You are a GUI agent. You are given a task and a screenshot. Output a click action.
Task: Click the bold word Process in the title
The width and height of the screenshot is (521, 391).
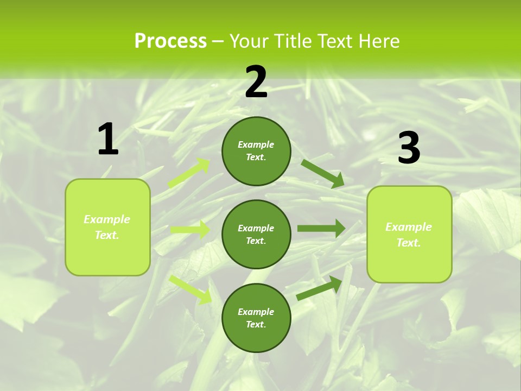pyautogui.click(x=170, y=41)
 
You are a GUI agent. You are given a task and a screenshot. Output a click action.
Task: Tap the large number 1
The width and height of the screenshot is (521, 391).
pyautogui.click(x=108, y=139)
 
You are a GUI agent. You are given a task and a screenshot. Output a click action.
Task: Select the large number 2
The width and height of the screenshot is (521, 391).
pyautogui.click(x=256, y=82)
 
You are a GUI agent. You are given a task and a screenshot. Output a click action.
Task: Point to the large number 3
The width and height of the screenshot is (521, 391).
pyautogui.click(x=409, y=148)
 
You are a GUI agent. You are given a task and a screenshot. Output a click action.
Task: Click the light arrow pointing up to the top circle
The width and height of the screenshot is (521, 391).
pyautogui.click(x=189, y=173)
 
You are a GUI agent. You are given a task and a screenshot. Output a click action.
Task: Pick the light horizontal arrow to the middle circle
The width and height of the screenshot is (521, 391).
pyautogui.click(x=190, y=230)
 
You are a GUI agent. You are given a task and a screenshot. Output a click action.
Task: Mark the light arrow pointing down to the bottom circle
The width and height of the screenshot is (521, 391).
pyautogui.click(x=190, y=289)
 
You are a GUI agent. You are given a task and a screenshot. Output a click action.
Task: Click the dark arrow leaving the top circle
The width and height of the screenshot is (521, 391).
pyautogui.click(x=323, y=173)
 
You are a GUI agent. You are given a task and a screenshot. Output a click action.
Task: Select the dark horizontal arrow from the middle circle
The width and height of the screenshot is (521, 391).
pyautogui.click(x=321, y=228)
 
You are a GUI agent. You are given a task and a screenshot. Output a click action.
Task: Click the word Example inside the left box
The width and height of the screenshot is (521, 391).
pyautogui.click(x=107, y=219)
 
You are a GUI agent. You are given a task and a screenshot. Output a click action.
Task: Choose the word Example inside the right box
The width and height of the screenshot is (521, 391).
pyautogui.click(x=409, y=227)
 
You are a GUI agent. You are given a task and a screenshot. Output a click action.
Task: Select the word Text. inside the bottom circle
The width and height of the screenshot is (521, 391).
pyautogui.click(x=256, y=324)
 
